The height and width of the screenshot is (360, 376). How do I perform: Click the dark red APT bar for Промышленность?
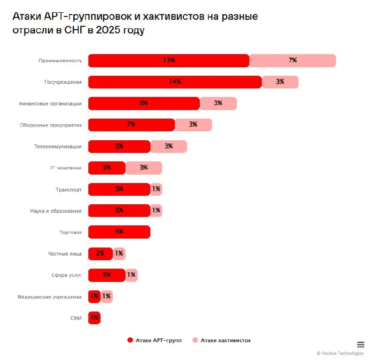click(168, 61)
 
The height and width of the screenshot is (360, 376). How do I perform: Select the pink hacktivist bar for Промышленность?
click(292, 61)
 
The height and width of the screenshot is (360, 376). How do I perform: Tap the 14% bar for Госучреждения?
click(175, 82)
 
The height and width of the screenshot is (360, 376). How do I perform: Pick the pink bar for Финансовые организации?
click(218, 104)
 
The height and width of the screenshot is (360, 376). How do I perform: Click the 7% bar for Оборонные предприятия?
click(131, 125)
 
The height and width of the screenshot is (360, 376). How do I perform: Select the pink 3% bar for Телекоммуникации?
click(168, 146)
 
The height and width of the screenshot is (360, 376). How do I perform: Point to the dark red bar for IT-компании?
click(107, 168)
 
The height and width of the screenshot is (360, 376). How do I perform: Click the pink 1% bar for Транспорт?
click(156, 189)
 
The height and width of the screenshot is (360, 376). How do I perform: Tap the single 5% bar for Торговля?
click(119, 232)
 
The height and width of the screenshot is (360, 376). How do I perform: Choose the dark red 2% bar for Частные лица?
click(100, 254)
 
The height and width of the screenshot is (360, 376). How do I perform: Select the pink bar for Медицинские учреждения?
click(107, 296)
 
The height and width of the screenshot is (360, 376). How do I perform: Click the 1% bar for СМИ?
click(94, 318)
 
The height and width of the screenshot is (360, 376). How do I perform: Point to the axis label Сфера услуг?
click(66, 275)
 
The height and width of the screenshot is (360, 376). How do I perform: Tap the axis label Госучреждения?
click(63, 82)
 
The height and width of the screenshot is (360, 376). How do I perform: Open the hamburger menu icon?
click(360, 344)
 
